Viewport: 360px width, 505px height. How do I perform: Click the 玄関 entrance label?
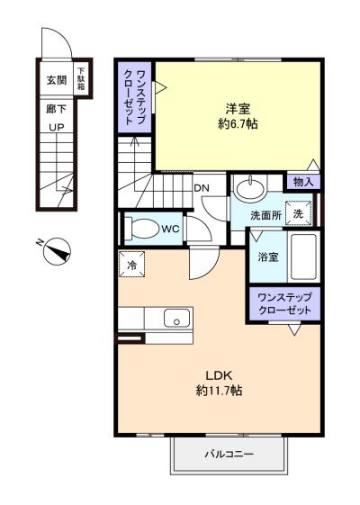coord(57,79)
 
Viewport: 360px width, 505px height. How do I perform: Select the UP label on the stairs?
coord(56,126)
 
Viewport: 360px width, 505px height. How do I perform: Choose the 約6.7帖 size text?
coord(238,123)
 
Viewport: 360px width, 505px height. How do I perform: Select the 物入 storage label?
coord(302,181)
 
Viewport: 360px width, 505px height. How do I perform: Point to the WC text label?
coord(171,230)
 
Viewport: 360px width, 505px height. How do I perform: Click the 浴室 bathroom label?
coord(268,257)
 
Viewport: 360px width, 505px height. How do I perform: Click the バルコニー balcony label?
coord(229,455)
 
